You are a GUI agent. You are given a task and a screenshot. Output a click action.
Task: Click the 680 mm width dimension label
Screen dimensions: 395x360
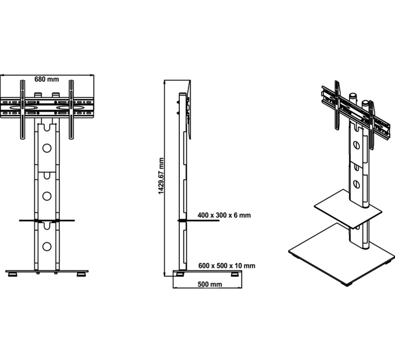[x=46, y=79]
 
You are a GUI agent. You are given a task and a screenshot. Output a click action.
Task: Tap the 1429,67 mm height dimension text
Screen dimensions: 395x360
[x=161, y=176]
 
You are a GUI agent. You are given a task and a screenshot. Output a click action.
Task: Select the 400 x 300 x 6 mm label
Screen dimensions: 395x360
[x=224, y=216]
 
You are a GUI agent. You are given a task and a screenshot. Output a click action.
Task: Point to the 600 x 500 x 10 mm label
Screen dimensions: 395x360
[x=227, y=266]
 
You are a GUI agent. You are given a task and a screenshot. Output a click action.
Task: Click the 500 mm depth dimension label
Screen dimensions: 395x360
[x=210, y=284]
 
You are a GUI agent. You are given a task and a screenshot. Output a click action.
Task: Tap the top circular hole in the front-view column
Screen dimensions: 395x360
[x=47, y=148]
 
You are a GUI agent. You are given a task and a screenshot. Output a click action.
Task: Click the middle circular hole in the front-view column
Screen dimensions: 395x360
[x=47, y=196]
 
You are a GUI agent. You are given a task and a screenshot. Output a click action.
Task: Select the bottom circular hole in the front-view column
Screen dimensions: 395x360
[x=47, y=247]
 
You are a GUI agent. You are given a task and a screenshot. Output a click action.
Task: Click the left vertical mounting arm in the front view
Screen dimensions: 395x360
[x=23, y=109]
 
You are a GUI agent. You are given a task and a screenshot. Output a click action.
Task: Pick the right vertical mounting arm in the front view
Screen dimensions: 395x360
[x=71, y=109]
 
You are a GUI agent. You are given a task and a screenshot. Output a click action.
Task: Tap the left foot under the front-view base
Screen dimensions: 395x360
[x=13, y=274]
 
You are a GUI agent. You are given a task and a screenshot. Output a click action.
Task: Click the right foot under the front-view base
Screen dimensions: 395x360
[x=81, y=274]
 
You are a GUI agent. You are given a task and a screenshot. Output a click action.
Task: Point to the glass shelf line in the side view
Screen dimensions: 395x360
[x=198, y=220]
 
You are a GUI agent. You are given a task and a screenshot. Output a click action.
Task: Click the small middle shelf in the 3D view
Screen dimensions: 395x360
[x=348, y=209]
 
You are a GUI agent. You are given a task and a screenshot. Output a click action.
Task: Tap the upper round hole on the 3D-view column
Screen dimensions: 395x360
[x=356, y=145]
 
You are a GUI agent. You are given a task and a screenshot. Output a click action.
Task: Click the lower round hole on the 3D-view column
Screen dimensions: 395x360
[x=356, y=183]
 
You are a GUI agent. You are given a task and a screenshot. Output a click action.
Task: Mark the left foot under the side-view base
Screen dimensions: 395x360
[x=180, y=274]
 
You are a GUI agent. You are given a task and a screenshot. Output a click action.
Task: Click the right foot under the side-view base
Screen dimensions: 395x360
[x=235, y=274]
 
